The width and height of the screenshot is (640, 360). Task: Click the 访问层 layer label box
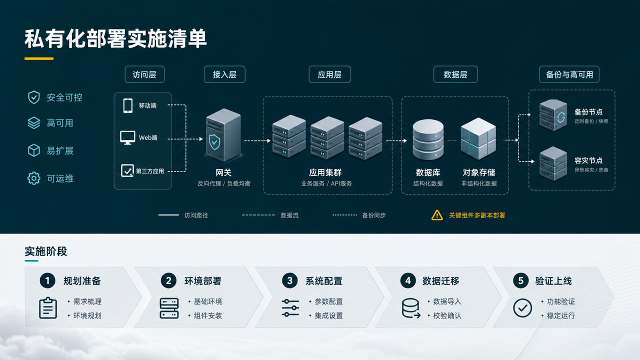[x=144, y=74]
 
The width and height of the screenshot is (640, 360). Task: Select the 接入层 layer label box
[x=224, y=74]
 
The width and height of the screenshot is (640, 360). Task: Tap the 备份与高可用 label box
[x=569, y=74]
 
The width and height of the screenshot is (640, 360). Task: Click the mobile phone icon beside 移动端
[x=127, y=105]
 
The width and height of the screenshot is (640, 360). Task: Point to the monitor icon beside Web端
[x=127, y=137]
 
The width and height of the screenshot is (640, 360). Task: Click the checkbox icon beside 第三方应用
[x=127, y=170]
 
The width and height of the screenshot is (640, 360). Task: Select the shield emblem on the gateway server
[x=214, y=142]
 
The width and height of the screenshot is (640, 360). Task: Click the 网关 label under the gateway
[x=223, y=172]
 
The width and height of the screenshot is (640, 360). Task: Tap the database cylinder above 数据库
[x=428, y=139]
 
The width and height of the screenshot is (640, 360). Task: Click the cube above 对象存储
[x=478, y=138]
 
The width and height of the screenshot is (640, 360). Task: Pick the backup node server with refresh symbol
[x=553, y=115]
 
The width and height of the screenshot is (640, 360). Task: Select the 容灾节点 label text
[x=588, y=160]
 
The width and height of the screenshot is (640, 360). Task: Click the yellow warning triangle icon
[x=437, y=215]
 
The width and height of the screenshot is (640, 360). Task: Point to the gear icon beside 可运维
[x=33, y=178]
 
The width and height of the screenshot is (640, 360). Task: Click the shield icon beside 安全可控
[x=33, y=97]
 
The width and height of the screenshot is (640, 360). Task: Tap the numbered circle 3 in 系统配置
[x=289, y=280]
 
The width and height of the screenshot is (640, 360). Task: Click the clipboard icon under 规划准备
[x=48, y=307]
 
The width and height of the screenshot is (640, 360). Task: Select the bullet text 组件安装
[x=208, y=315]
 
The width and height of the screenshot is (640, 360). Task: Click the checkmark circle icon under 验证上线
[x=522, y=308]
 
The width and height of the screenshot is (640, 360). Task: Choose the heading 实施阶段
[x=45, y=251]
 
